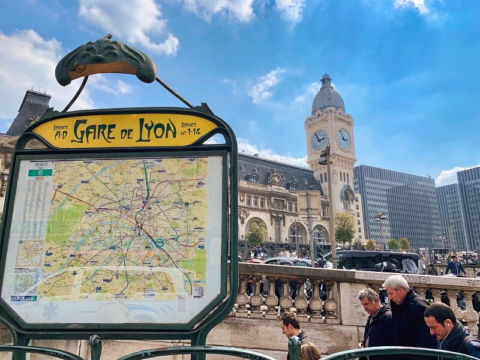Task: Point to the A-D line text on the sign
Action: (61, 131)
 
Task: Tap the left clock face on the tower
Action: (319, 140)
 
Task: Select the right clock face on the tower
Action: (343, 139)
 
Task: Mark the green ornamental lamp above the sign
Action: (106, 60)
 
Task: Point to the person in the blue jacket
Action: (455, 266)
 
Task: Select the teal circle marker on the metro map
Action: (160, 242)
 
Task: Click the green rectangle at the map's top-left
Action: (40, 172)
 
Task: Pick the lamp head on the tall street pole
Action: (325, 156)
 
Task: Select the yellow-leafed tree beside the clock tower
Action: (344, 227)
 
